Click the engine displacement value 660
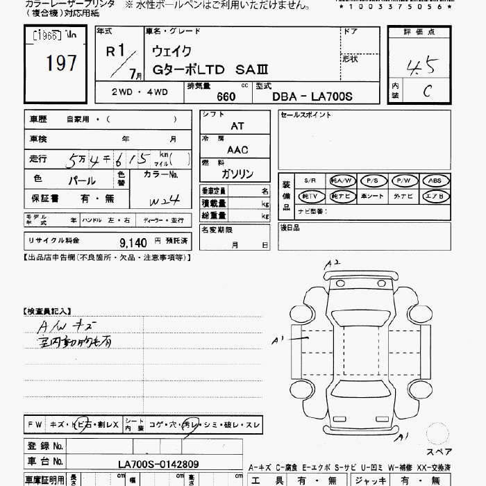click(226, 97)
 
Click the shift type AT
click(237, 126)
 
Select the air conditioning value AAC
click(237, 149)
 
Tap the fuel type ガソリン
click(237, 174)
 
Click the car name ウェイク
click(172, 51)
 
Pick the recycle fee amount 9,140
click(133, 242)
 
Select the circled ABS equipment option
click(435, 181)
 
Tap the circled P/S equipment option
click(374, 181)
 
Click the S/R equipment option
click(310, 181)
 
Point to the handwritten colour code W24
click(165, 201)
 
